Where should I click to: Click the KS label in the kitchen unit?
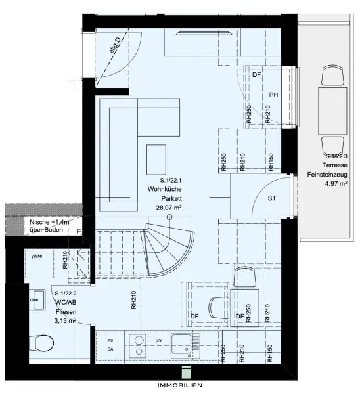click(110, 341)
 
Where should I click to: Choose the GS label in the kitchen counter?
click(158, 341)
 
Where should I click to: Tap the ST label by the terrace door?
click(271, 198)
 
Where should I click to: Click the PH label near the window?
click(274, 95)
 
